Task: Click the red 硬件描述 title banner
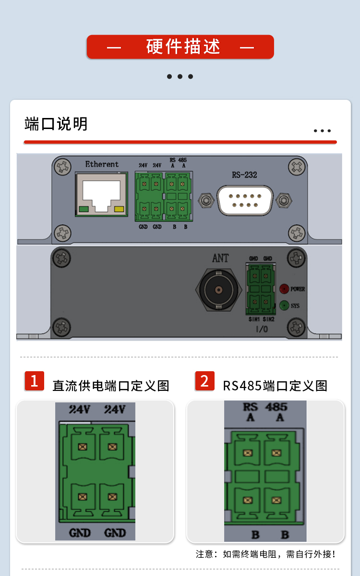[180, 47]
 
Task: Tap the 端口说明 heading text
[56, 124]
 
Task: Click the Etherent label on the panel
[102, 164]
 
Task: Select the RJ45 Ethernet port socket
[101, 194]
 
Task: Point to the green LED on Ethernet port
[84, 209]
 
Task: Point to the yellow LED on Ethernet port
[119, 209]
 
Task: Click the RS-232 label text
[244, 175]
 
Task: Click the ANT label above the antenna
[220, 258]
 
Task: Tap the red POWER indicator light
[284, 289]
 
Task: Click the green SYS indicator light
[284, 305]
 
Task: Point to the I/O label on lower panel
[262, 329]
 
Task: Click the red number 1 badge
[34, 381]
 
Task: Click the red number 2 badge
[205, 381]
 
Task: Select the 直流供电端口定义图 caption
[111, 386]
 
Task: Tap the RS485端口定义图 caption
[275, 386]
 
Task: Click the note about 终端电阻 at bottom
[265, 554]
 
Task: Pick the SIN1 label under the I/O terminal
[254, 319]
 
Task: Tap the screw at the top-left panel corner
[62, 167]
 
